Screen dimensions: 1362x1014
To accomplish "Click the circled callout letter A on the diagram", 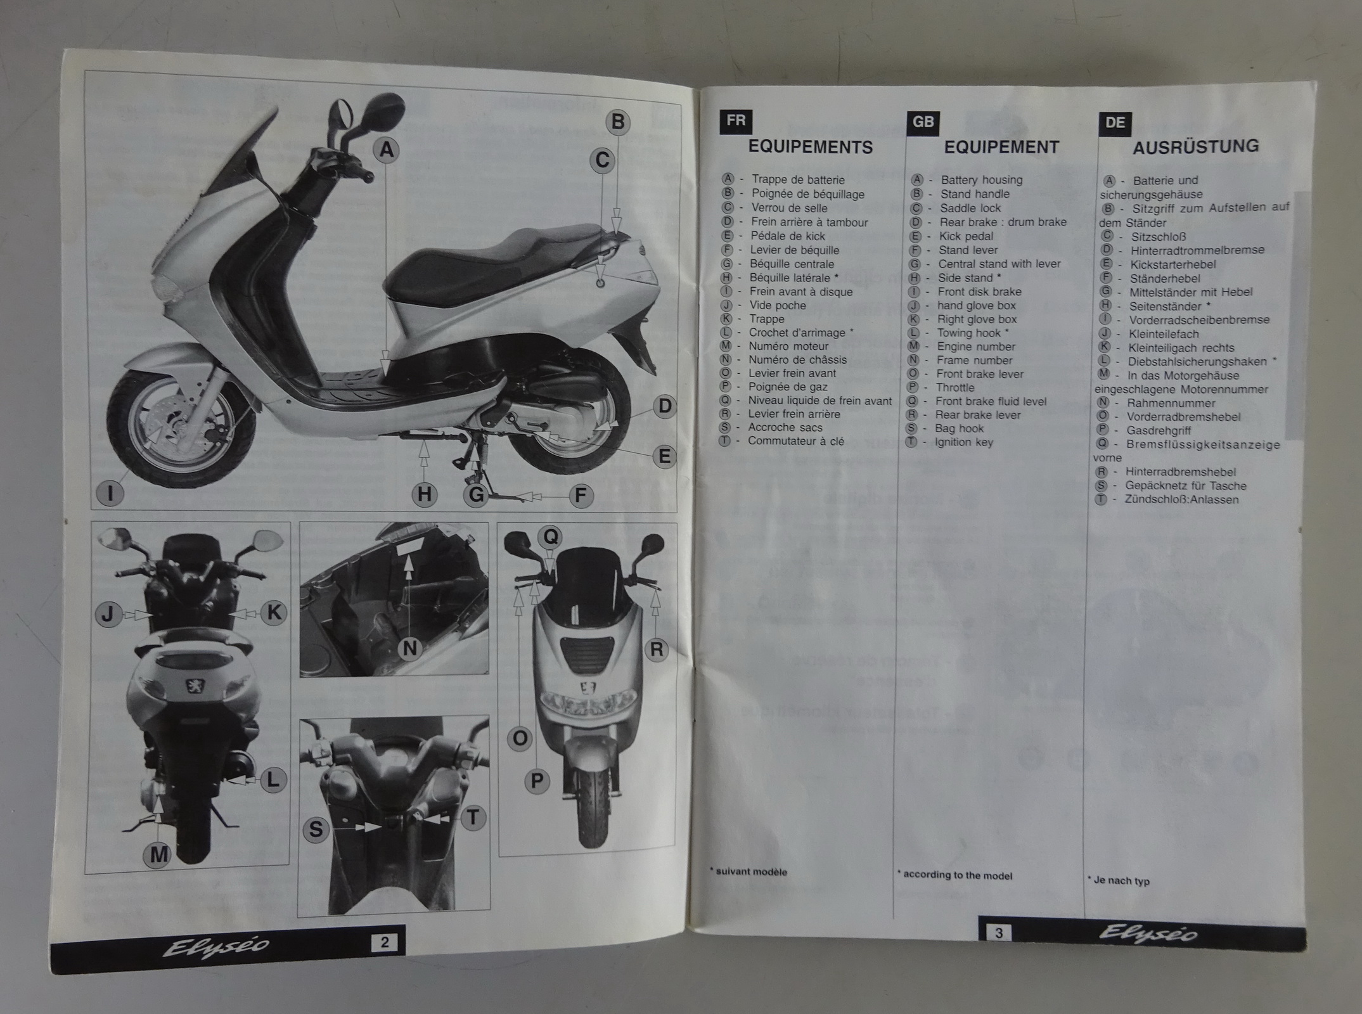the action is pos(386,150).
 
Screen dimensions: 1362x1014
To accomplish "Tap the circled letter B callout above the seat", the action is pos(618,121).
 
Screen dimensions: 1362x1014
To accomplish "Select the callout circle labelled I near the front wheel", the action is pos(111,493).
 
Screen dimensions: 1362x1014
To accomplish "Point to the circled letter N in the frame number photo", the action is pos(410,648).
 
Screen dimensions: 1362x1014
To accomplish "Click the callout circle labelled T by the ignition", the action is pos(472,818).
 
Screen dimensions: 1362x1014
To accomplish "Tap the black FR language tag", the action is pos(736,121).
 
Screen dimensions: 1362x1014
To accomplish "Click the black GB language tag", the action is pos(923,122).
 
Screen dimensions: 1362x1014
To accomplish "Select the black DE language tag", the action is pos(1115,123).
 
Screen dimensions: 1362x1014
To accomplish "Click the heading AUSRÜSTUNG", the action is pos(1196,147).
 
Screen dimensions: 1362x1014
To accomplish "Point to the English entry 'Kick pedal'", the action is pos(967,236).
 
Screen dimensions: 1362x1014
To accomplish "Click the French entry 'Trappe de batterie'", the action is pos(798,180).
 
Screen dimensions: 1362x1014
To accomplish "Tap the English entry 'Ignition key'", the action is pos(964,442).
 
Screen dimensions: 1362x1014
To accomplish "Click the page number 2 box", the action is pos(384,942).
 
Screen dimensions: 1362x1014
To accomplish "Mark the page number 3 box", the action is pos(999,933).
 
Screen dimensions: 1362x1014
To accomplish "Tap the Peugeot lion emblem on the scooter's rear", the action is pos(193,686).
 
